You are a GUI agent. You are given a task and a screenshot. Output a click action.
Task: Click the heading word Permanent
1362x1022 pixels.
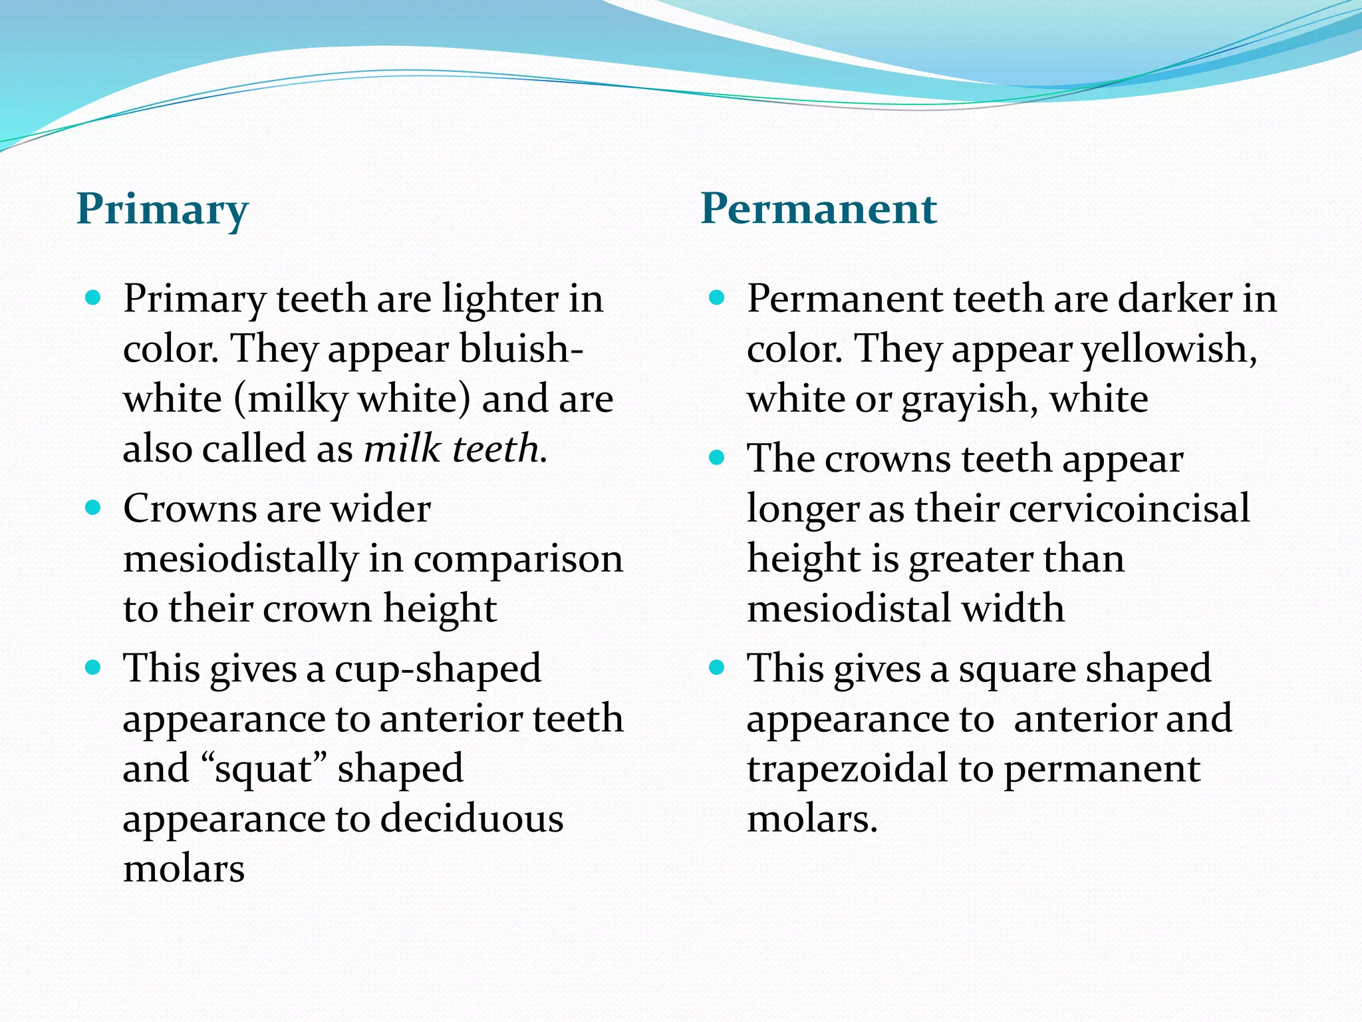819,208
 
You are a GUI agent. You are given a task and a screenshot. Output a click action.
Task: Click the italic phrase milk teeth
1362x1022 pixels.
455,448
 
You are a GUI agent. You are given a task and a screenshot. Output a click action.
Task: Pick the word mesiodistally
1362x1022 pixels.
241,558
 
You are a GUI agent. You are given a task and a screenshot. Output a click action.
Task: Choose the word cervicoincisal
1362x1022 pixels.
1129,509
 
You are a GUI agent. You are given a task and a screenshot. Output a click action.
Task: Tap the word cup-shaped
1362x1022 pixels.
438,669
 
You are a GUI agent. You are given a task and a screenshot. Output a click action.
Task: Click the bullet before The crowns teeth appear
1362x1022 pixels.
716,458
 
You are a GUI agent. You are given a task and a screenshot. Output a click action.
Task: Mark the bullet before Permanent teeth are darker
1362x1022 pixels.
716,297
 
